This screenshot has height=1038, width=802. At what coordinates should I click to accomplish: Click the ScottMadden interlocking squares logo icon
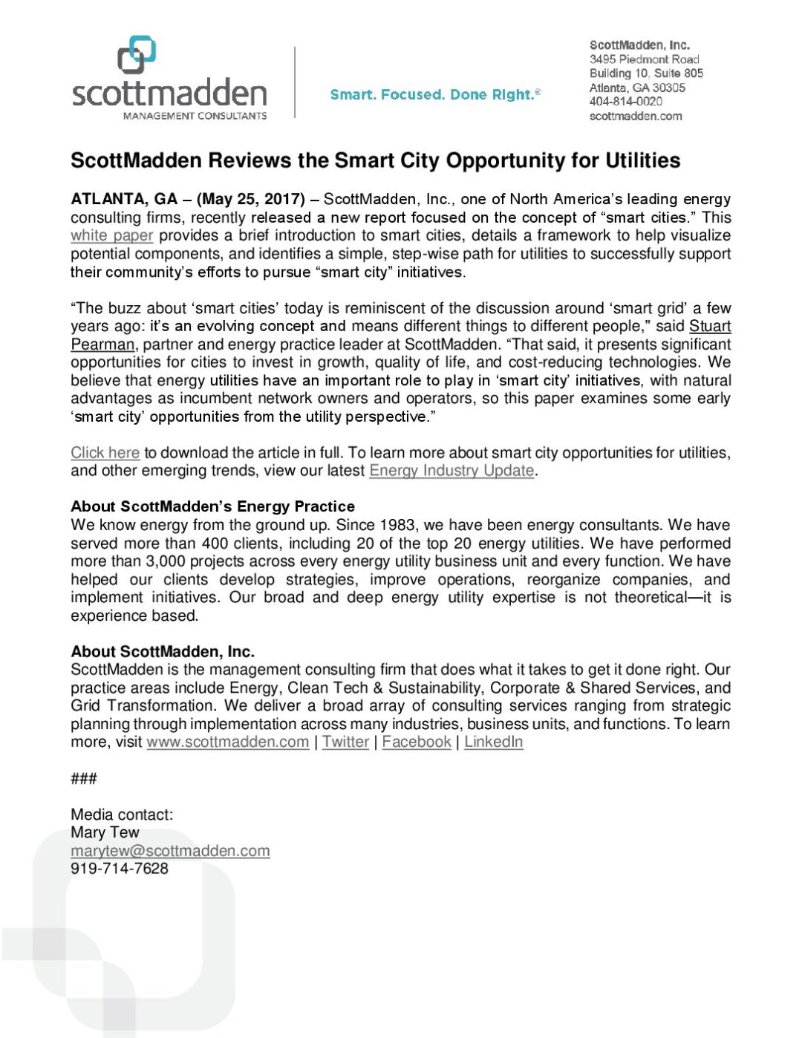[137, 55]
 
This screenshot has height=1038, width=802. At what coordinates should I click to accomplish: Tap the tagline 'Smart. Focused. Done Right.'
[434, 95]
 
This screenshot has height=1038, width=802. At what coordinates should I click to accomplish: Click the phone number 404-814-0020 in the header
[625, 102]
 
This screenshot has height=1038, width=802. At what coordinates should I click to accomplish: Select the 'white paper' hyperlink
[112, 236]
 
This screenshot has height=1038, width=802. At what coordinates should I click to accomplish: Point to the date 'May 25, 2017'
[251, 199]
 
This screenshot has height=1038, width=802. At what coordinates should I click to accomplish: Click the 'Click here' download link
[105, 453]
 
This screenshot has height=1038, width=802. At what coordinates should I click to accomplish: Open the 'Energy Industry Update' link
[451, 471]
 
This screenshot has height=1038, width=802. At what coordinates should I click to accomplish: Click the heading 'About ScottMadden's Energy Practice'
[212, 506]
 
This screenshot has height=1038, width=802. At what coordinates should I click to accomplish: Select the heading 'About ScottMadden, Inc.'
[163, 651]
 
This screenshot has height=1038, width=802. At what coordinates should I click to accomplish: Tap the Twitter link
[345, 742]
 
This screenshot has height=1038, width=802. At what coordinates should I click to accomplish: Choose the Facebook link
[417, 742]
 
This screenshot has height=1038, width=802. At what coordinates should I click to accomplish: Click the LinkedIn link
[494, 742]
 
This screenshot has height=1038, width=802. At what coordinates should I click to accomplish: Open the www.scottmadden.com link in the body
[228, 742]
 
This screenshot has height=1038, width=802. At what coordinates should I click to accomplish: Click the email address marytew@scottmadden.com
[170, 851]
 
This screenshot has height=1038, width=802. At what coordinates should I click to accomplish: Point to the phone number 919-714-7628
[120, 869]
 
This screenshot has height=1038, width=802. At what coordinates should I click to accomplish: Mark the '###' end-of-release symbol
[84, 778]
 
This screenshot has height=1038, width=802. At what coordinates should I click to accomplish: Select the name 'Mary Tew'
[105, 832]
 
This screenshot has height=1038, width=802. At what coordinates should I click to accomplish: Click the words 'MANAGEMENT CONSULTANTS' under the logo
[195, 116]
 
